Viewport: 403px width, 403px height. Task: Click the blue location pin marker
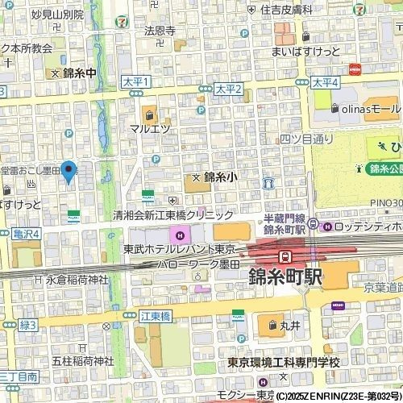[x=69, y=171]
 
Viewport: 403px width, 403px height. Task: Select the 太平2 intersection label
[x=229, y=88]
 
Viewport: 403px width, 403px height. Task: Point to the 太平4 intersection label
[x=326, y=82]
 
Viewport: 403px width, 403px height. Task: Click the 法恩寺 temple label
[x=160, y=31]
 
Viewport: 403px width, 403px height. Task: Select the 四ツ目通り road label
[x=306, y=138]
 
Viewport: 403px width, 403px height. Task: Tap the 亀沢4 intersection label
[x=26, y=234]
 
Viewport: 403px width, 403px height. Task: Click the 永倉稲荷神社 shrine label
[x=76, y=280]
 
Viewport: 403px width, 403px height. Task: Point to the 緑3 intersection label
[x=28, y=325]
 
